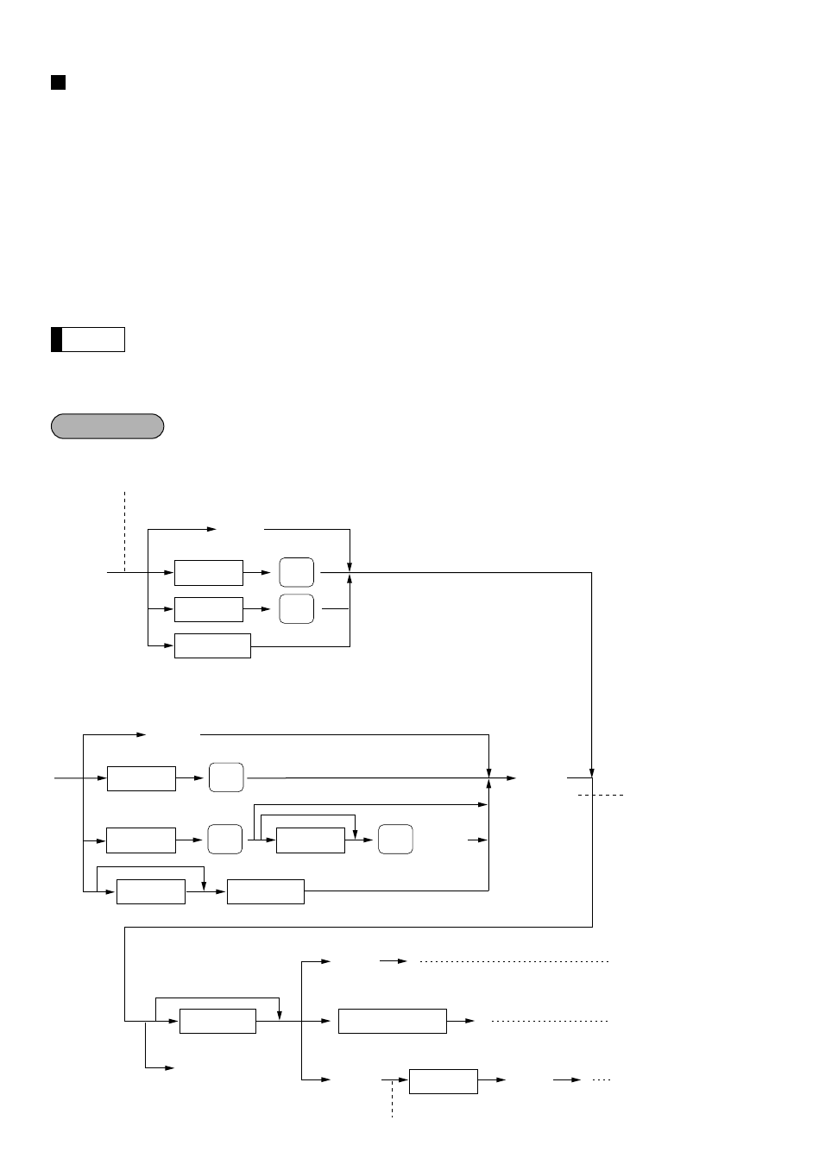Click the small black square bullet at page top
[x=59, y=82]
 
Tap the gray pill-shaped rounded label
[x=107, y=426]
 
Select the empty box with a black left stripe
[x=88, y=339]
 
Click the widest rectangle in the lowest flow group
[x=393, y=1021]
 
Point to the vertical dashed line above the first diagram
[x=125, y=531]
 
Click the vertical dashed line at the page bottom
[x=393, y=1098]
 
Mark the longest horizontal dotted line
[x=514, y=960]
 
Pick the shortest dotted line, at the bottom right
[x=602, y=1079]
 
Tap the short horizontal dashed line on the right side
[x=601, y=794]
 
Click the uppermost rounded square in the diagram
[x=297, y=572]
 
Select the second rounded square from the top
[x=297, y=609]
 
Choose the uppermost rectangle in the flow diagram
[x=209, y=572]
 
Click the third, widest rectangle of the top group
[x=212, y=645]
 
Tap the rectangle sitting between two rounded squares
[x=311, y=840]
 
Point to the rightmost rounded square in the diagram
[x=395, y=840]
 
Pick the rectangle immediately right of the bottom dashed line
[x=443, y=1081]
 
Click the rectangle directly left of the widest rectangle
[x=217, y=1021]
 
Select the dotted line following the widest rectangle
[x=550, y=1021]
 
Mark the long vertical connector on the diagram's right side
[x=592, y=673]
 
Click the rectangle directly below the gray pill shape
[x=209, y=572]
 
